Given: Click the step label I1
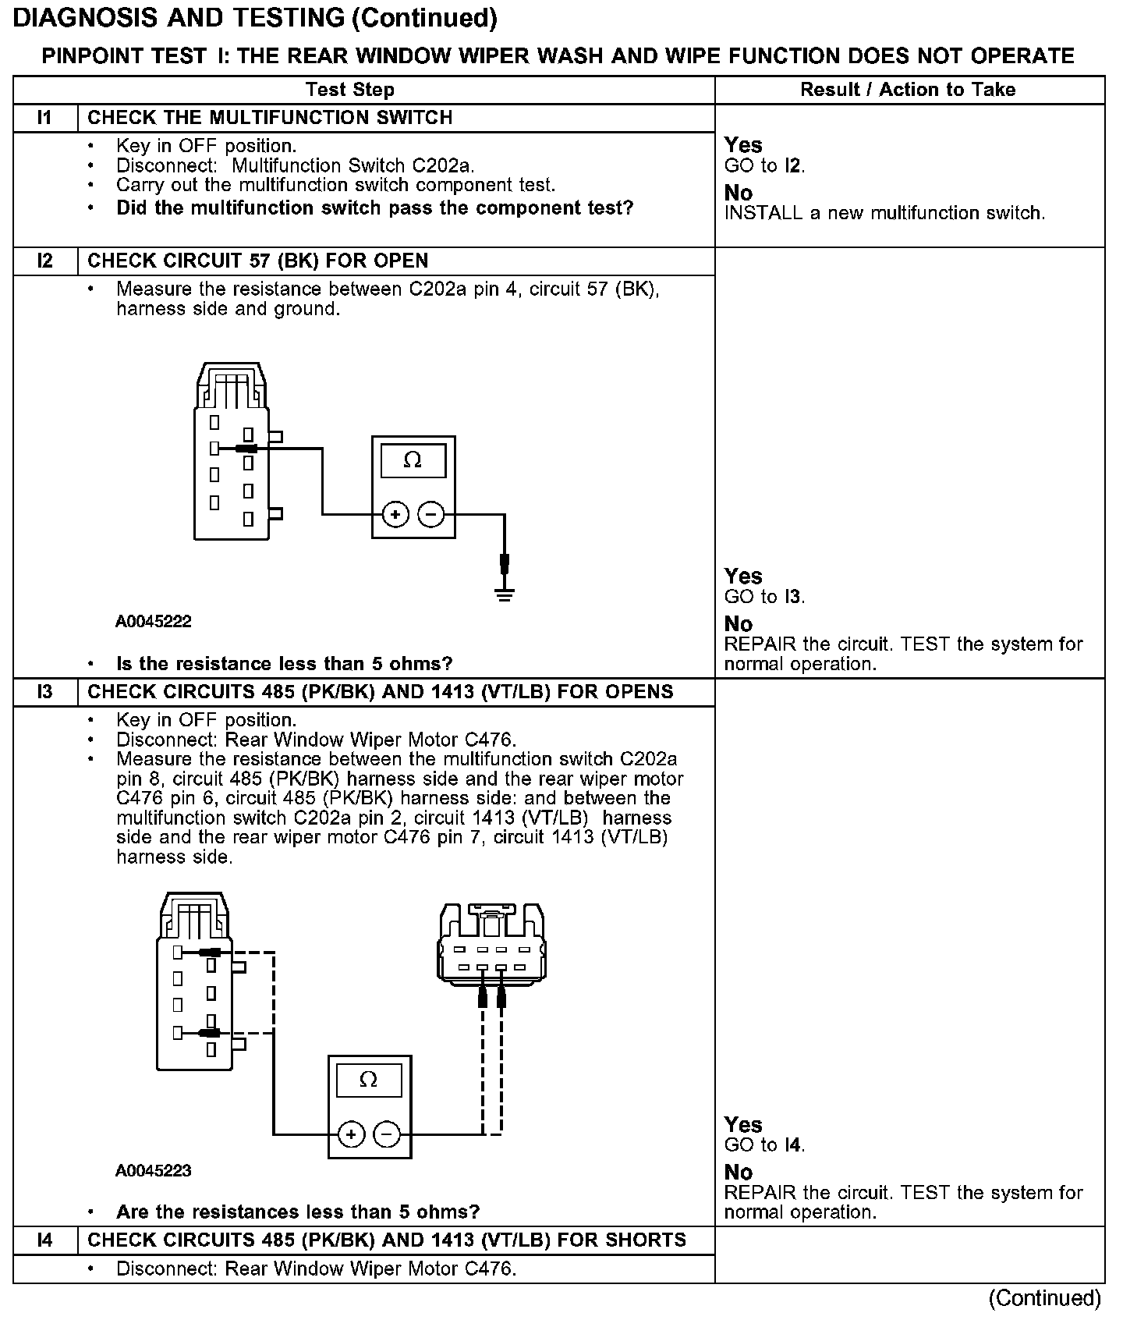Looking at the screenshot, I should tap(44, 118).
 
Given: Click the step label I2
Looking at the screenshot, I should tap(44, 261).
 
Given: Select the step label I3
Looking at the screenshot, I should tap(44, 692).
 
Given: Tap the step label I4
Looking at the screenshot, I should tap(44, 1240).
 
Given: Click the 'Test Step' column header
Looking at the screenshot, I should tap(350, 90).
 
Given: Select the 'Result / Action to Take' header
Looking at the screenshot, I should tap(908, 90).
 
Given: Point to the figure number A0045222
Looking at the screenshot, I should tap(154, 622).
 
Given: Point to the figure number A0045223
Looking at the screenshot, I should tap(154, 1170).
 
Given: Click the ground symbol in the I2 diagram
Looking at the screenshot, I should tap(505, 594).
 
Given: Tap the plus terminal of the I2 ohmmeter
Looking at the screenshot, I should tap(395, 514).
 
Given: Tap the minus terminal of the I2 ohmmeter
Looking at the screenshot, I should tap(431, 514).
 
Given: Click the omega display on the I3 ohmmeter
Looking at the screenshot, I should tap(369, 1080).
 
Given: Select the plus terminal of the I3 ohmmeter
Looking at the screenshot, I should tap(351, 1134).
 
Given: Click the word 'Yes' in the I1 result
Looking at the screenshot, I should tap(743, 145).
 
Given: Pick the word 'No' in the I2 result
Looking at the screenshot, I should tap(739, 624).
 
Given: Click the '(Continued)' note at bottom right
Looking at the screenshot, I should tap(1044, 1298).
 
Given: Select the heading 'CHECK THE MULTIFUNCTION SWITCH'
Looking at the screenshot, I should tap(270, 118).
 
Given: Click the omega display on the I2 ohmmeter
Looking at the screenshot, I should tap(413, 461).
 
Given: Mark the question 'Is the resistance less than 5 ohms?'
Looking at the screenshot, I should tap(284, 664).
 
